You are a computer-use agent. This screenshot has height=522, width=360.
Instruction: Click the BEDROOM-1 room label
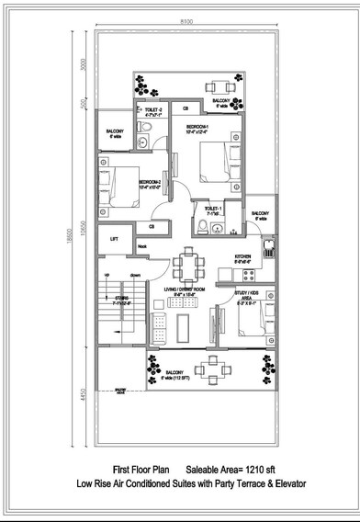(199, 128)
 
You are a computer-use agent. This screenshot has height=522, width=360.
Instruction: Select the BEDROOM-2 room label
(150, 183)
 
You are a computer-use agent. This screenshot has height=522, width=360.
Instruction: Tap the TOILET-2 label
(152, 111)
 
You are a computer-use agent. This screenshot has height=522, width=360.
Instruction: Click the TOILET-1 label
(214, 210)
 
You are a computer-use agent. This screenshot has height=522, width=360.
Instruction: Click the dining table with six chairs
(191, 267)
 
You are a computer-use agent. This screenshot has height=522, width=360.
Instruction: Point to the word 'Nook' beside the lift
(142, 246)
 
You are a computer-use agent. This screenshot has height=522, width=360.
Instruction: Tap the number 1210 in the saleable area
(259, 469)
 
